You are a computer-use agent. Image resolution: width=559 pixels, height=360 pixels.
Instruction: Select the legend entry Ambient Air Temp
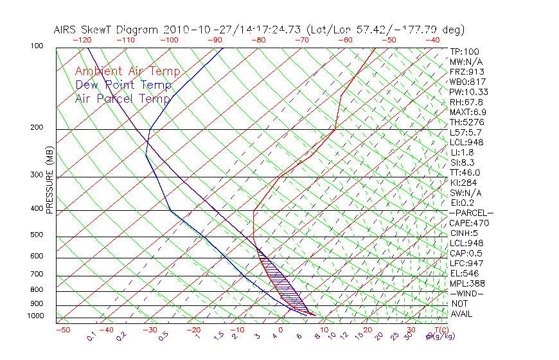[x=127, y=72]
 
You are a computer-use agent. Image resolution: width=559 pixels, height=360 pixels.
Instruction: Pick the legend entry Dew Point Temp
[x=123, y=85]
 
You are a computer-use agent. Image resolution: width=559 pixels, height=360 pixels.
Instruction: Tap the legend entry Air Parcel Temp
[x=123, y=99]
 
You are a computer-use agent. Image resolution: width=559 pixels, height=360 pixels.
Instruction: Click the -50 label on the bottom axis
[x=62, y=330]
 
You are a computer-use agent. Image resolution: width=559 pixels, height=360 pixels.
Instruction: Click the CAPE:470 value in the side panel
[x=469, y=223]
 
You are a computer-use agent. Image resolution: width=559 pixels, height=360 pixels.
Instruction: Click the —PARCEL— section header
[x=471, y=213]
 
